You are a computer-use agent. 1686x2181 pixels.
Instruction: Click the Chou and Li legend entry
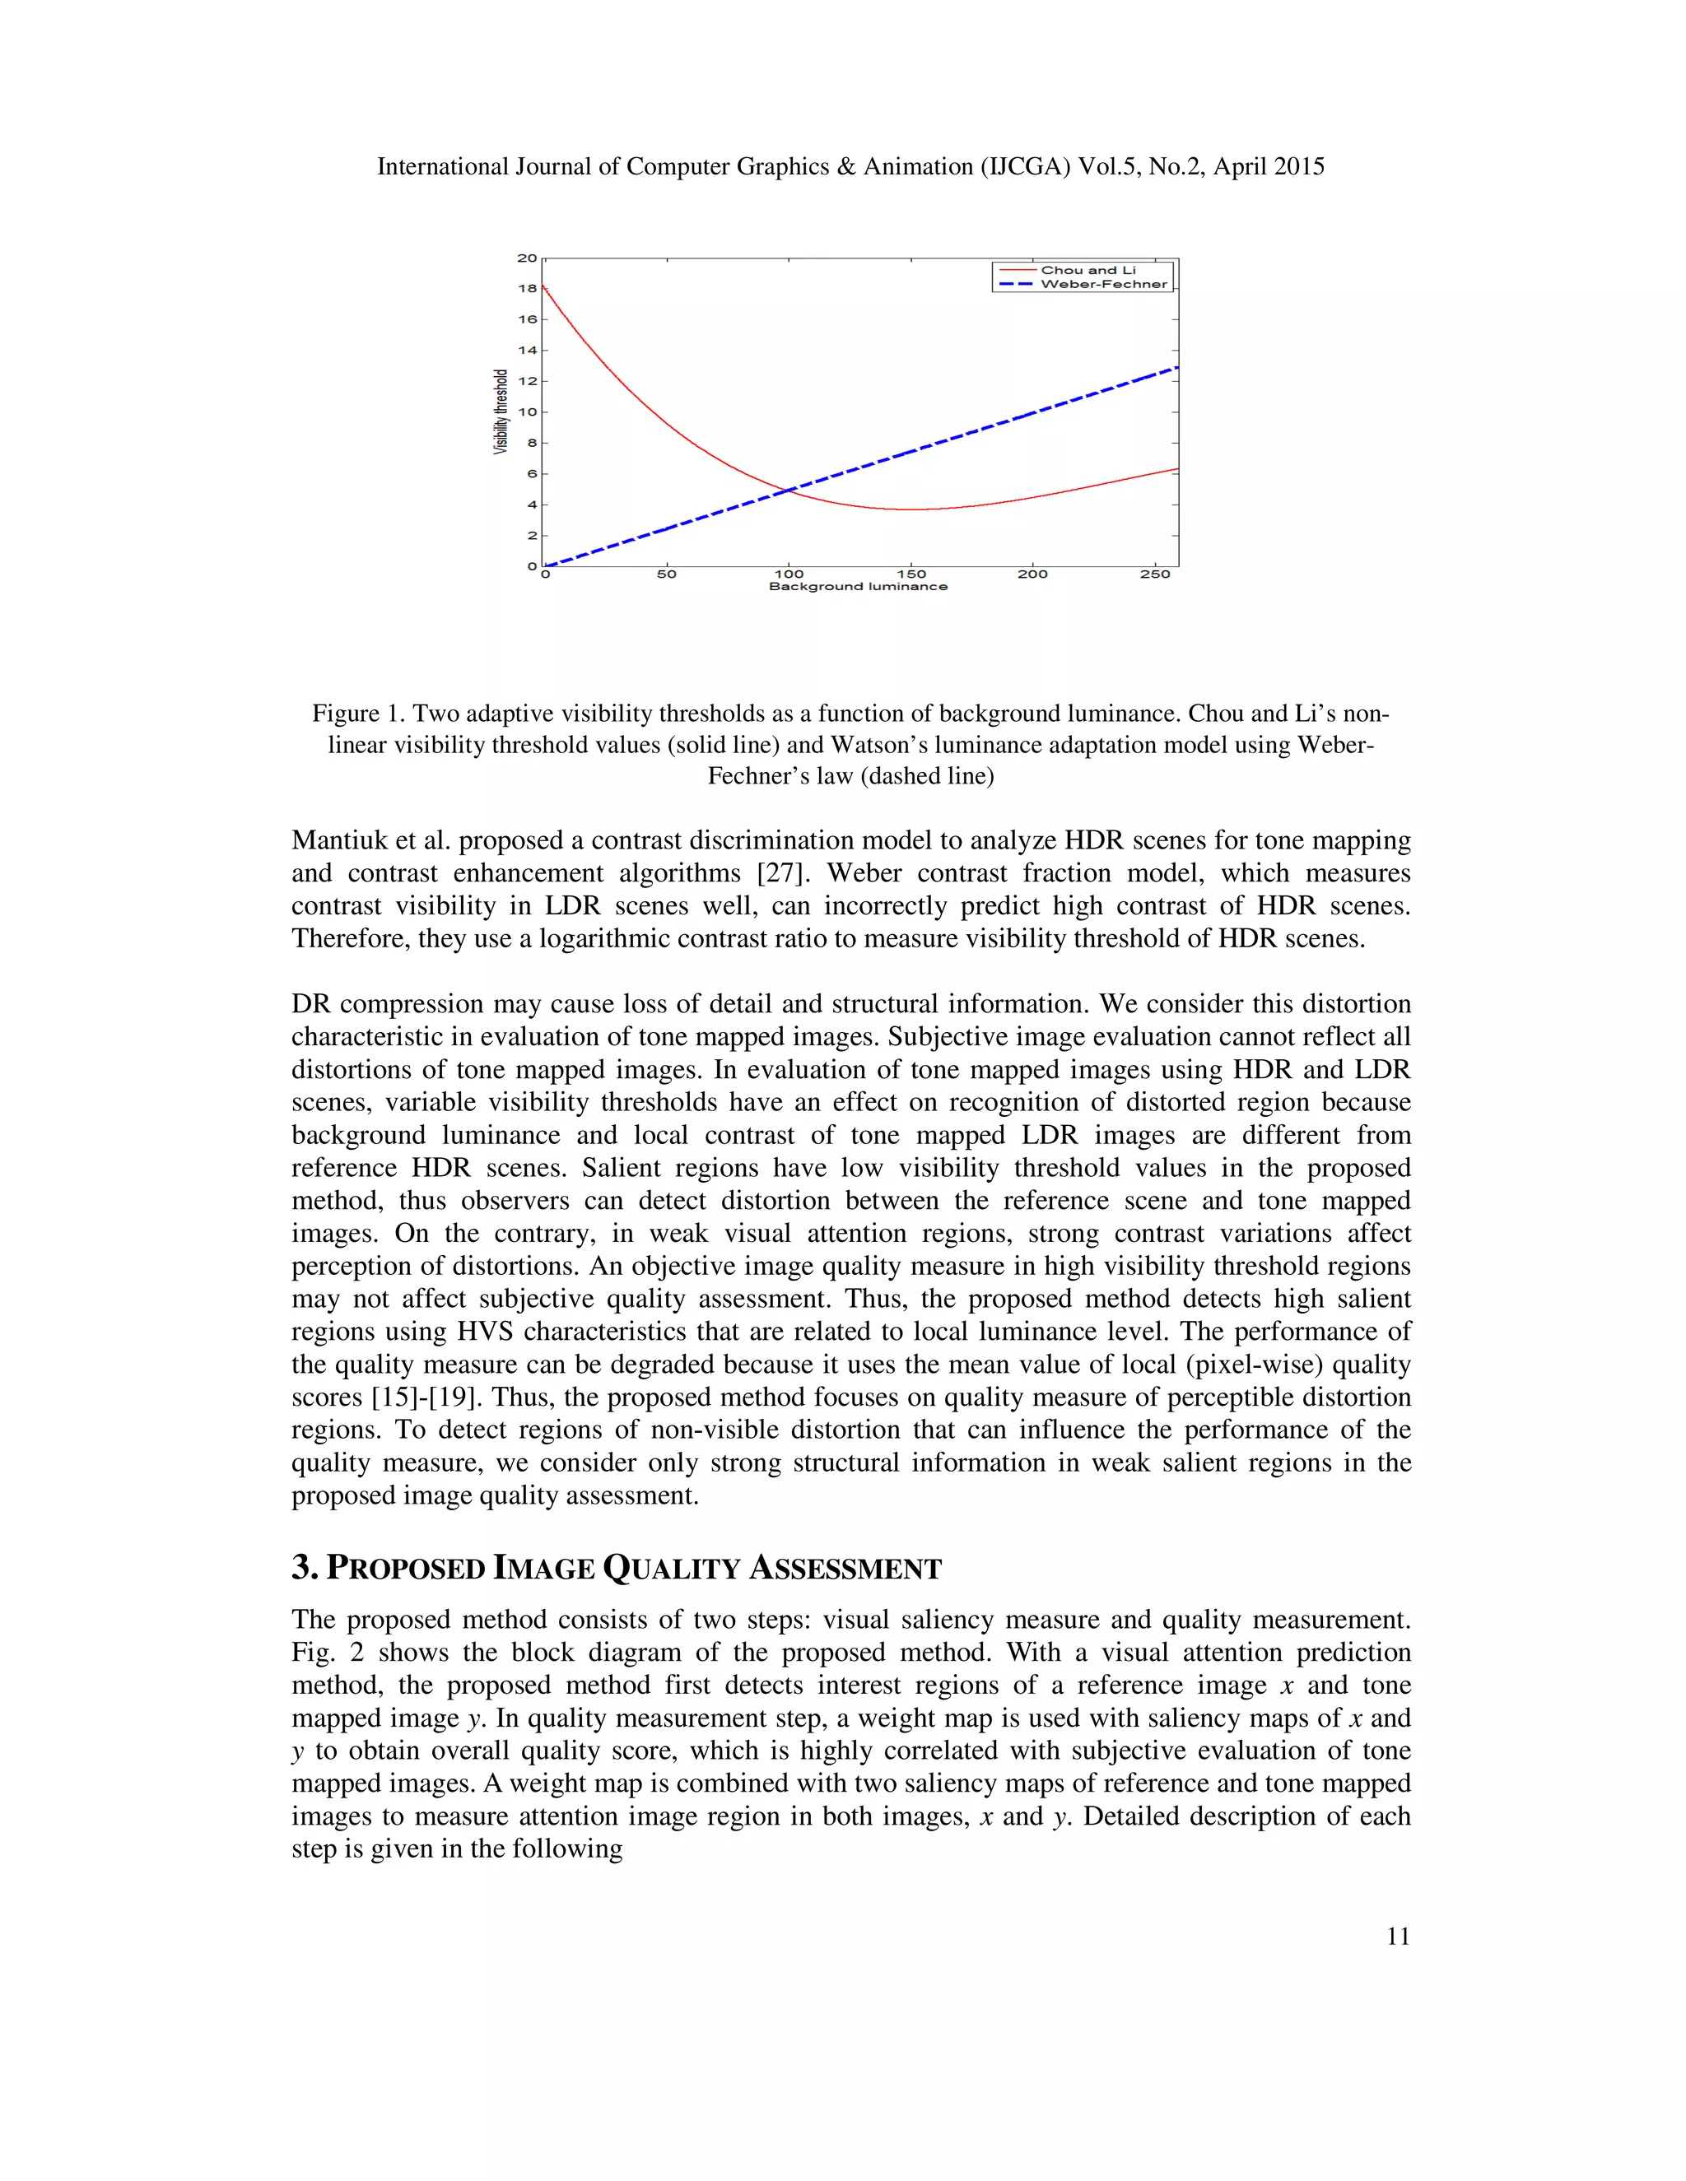coord(1087,270)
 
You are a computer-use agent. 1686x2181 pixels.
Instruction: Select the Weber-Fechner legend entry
coord(1102,285)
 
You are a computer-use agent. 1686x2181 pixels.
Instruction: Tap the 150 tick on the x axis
coord(911,574)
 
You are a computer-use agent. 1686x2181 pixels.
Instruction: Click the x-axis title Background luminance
coord(857,586)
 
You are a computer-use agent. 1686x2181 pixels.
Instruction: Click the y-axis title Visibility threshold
coord(501,412)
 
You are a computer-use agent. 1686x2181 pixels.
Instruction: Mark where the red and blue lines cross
coord(789,490)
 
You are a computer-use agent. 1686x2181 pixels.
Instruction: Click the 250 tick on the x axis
coord(1155,574)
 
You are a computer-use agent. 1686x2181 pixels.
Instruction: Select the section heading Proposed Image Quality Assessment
coord(617,1568)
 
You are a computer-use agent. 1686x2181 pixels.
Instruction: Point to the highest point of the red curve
coord(544,286)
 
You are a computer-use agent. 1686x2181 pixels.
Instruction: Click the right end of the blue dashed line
coord(1177,368)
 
